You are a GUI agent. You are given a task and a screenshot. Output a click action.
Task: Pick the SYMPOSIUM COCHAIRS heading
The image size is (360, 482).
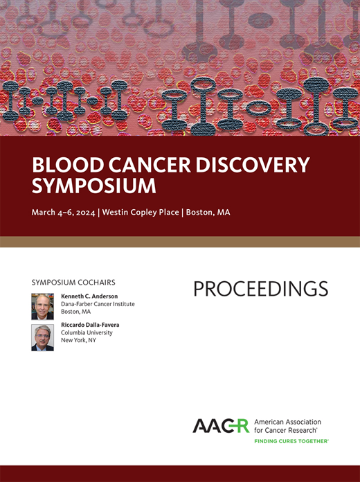[73, 283]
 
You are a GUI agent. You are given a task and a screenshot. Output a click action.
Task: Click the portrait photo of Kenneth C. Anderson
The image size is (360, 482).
[42, 305]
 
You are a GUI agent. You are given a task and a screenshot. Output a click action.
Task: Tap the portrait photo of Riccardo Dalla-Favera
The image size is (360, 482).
[42, 337]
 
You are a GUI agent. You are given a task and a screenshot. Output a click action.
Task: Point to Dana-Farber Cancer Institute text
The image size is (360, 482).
[98, 304]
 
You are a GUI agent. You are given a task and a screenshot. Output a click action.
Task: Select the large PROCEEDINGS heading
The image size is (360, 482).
[260, 289]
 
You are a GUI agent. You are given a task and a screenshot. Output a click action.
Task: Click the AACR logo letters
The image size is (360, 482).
[221, 426]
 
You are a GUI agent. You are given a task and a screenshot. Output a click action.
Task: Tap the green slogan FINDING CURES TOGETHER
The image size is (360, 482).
[291, 440]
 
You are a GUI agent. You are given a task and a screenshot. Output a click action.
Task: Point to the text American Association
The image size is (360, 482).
[287, 422]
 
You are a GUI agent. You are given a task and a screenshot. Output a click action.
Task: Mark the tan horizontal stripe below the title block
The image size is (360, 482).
[180, 242]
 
